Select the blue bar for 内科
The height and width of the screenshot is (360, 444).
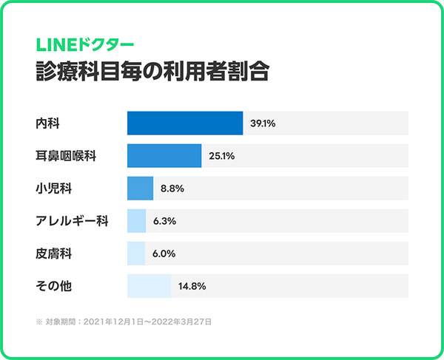(185, 123)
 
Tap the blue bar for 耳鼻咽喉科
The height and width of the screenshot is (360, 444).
(164, 156)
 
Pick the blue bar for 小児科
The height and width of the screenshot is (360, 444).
(140, 189)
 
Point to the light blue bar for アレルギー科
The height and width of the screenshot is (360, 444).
(137, 221)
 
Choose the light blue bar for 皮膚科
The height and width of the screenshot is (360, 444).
(136, 254)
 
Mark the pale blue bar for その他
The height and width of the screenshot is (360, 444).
(149, 286)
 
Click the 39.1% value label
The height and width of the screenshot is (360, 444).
(263, 123)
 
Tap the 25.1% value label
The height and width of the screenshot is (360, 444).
(222, 156)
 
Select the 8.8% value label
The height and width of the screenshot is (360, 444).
(172, 189)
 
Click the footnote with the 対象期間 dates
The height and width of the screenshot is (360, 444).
(124, 322)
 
